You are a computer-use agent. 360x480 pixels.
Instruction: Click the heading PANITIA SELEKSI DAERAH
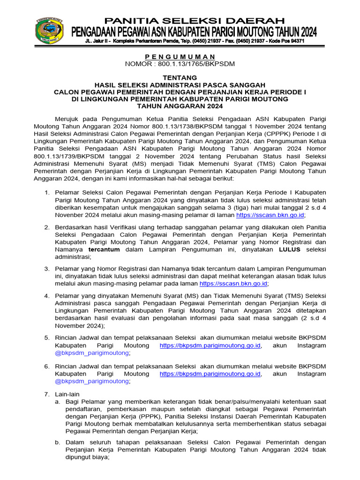[194, 21]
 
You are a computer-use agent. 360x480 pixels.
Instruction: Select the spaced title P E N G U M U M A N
[180, 56]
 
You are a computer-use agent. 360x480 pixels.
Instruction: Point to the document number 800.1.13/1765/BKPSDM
[193, 63]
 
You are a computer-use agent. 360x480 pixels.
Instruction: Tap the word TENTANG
[180, 77]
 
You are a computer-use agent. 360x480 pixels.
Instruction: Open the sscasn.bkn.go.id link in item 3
[233, 284]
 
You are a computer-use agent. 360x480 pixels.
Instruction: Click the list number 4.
[47, 296]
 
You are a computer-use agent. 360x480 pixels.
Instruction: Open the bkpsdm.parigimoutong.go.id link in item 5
[210, 345]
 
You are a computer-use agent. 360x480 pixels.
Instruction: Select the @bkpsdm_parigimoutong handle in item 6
[92, 381]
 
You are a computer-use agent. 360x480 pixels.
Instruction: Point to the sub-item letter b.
[58, 442]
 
